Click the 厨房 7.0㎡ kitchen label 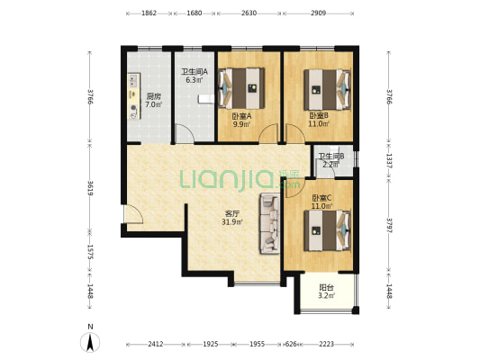pyautogui.click(x=153, y=101)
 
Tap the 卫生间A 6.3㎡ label pyautogui.click(x=195, y=76)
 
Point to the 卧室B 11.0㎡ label pyautogui.click(x=319, y=120)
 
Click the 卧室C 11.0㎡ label pyautogui.click(x=322, y=202)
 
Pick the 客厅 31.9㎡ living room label pyautogui.click(x=232, y=218)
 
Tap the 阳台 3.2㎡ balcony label pyautogui.click(x=327, y=292)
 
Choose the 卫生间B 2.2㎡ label pyautogui.click(x=331, y=160)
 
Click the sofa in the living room pyautogui.click(x=270, y=223)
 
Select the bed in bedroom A pyautogui.click(x=241, y=88)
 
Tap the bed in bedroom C pyautogui.click(x=327, y=230)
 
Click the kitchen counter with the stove pyautogui.click(x=134, y=96)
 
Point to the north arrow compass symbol pyautogui.click(x=90, y=342)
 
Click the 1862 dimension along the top pyautogui.click(x=149, y=13)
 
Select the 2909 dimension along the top pyautogui.click(x=319, y=13)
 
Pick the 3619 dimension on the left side pyautogui.click(x=90, y=188)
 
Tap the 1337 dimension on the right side pyautogui.click(x=389, y=161)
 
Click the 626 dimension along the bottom pyautogui.click(x=291, y=344)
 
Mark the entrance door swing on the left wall pyautogui.click(x=134, y=214)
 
